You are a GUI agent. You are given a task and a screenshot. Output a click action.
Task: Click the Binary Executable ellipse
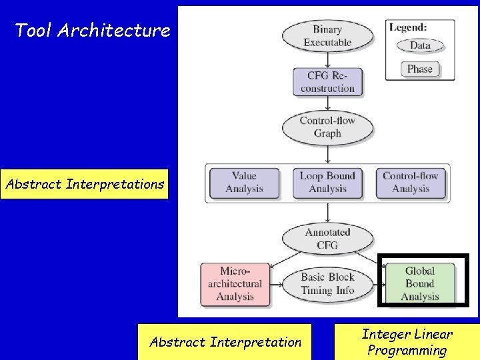pyautogui.click(x=327, y=36)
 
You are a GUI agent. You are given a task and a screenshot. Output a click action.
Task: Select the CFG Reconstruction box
pyautogui.click(x=327, y=82)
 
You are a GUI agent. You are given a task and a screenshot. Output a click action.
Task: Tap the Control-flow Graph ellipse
pyautogui.click(x=327, y=127)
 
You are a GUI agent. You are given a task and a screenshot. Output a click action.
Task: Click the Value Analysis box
pyautogui.click(x=244, y=183)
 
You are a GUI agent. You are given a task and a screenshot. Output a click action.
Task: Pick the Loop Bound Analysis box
pyautogui.click(x=327, y=183)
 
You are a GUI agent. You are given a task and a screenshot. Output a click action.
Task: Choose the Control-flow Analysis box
pyautogui.click(x=411, y=183)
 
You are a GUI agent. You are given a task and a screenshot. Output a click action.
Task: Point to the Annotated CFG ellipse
pyautogui.click(x=327, y=239)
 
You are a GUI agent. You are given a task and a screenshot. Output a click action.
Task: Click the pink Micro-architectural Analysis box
pyautogui.click(x=235, y=284)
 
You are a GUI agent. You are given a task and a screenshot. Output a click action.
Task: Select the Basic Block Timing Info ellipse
pyautogui.click(x=327, y=284)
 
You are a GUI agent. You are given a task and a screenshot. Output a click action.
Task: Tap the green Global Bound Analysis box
pyautogui.click(x=420, y=284)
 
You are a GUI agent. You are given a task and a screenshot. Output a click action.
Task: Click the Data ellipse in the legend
pyautogui.click(x=420, y=46)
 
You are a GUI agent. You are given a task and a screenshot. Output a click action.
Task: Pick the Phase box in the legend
pyautogui.click(x=420, y=69)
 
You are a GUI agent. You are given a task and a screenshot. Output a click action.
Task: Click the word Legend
pyautogui.click(x=409, y=27)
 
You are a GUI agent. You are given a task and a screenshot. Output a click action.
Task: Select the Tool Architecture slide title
pyautogui.click(x=93, y=30)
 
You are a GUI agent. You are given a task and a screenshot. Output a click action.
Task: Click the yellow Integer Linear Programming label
pyautogui.click(x=407, y=342)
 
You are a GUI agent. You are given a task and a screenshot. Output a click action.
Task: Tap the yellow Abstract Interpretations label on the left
pyautogui.click(x=85, y=184)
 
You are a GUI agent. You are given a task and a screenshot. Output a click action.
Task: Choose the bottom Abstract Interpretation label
pyautogui.click(x=225, y=342)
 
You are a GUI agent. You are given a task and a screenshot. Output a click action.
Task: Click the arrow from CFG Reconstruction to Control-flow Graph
pyautogui.click(x=327, y=104)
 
